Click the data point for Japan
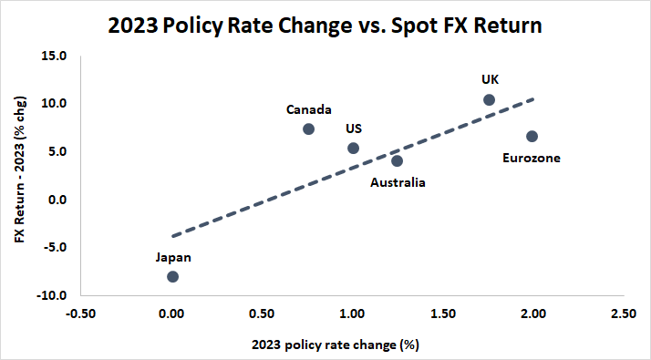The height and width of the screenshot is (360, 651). click(172, 276)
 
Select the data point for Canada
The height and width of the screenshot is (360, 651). click(308, 129)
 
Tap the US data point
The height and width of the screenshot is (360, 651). click(354, 148)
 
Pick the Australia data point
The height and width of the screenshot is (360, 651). click(398, 160)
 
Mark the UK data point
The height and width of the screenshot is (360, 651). click(489, 99)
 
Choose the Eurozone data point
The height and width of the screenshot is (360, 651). click(532, 136)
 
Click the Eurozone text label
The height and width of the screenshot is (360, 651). click(532, 159)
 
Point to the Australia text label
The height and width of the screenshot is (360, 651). click(398, 182)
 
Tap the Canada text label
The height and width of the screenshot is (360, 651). click(308, 109)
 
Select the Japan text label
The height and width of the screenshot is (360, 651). click(172, 257)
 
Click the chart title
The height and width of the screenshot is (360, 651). click(325, 26)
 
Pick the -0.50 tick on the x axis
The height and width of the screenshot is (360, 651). click(81, 314)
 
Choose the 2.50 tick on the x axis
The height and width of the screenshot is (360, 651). click(624, 314)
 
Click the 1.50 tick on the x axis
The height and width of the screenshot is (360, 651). click(442, 314)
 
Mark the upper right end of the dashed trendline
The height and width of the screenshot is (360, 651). click(534, 98)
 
